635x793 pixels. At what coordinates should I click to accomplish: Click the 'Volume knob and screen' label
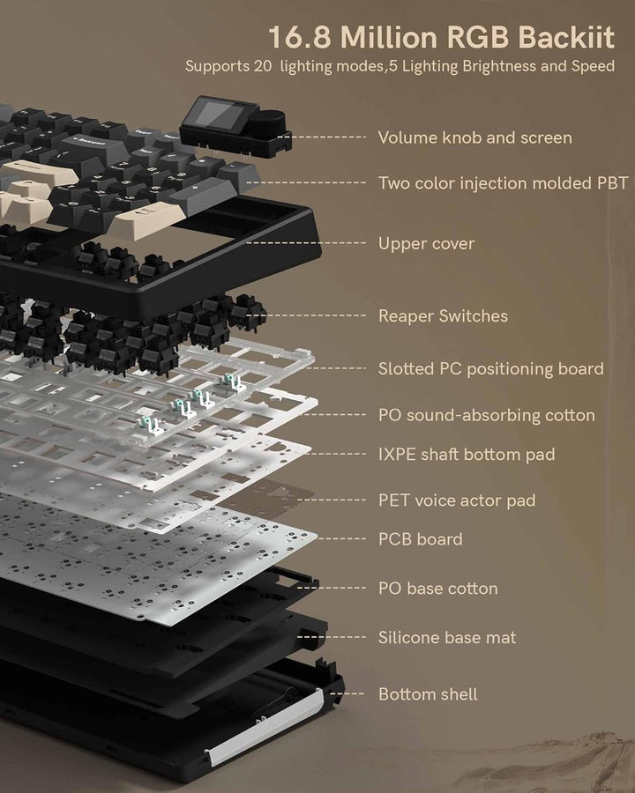click(475, 137)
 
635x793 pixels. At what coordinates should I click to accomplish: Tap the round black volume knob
click(273, 121)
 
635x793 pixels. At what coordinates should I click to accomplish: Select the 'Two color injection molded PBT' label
click(504, 183)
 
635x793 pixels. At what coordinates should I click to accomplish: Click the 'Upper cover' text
click(426, 244)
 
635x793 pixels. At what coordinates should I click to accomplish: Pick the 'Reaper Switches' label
click(443, 316)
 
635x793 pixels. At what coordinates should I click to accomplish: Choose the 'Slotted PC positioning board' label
click(490, 368)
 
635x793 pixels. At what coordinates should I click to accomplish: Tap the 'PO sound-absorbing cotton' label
click(487, 415)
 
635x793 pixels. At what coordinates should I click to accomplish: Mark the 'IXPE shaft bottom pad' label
click(467, 454)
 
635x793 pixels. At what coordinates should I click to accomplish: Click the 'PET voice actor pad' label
click(457, 500)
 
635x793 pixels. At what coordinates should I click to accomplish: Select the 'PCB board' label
click(421, 539)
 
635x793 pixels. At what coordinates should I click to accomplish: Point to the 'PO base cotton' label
click(438, 589)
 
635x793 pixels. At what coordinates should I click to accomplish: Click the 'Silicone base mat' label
click(447, 637)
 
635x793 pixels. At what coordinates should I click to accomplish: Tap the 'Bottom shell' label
click(428, 694)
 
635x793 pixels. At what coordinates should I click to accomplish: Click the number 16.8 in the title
click(299, 37)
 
